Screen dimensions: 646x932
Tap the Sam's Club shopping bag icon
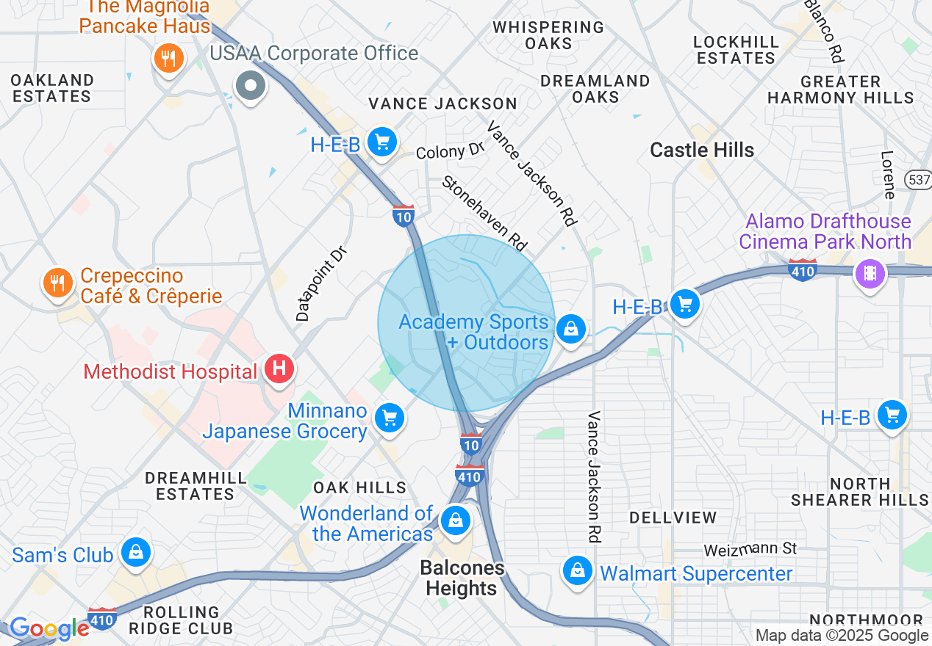136,553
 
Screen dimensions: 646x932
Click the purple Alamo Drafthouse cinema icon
870,274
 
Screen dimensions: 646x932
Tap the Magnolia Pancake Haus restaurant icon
168,57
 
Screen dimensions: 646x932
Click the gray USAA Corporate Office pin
251,86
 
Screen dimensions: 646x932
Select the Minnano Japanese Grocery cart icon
389,418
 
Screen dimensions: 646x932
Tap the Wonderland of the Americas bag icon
455,521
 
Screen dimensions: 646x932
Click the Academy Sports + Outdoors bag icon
570,329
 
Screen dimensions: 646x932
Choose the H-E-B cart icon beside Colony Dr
381,142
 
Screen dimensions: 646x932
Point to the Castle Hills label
702,150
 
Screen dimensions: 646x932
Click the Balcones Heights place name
462,578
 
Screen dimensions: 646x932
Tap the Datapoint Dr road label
321,283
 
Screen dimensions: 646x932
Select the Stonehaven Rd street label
485,213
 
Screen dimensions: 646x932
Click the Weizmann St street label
750,549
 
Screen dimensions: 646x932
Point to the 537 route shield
920,179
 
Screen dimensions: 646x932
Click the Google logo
49,628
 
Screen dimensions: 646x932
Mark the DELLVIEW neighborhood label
673,518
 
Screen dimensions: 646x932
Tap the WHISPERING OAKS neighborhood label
548,35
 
